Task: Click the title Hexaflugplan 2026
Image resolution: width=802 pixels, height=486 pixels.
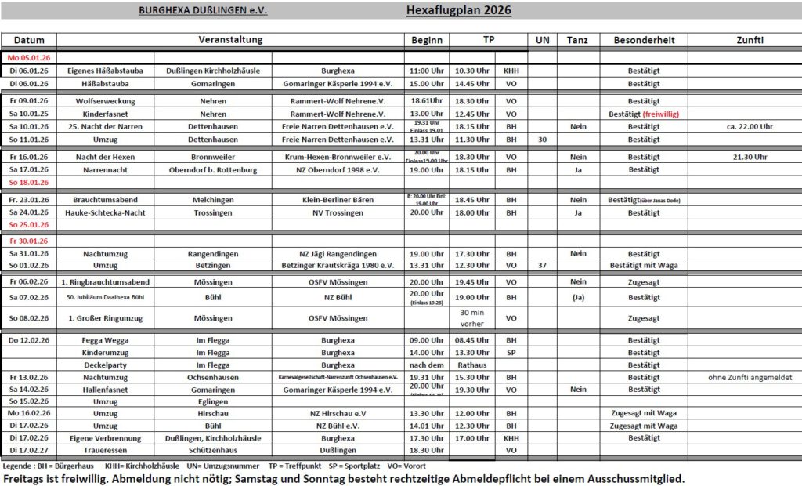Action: (459, 10)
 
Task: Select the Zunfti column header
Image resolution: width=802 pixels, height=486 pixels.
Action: (750, 40)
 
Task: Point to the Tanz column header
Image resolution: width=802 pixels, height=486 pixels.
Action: (578, 40)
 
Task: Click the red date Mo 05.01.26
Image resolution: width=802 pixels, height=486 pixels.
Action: (29, 58)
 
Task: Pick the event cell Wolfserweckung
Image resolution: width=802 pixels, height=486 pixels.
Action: (106, 101)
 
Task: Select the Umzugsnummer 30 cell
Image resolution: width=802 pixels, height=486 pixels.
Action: (542, 140)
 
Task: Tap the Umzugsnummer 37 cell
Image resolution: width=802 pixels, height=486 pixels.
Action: (542, 267)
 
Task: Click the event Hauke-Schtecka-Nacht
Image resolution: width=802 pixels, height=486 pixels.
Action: (106, 212)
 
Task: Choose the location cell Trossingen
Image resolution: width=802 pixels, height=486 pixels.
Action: (213, 212)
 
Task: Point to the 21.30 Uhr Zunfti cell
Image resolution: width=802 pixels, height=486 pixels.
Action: (750, 157)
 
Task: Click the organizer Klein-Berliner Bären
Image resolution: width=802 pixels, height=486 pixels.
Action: (338, 200)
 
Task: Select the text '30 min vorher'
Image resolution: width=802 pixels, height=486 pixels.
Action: (472, 317)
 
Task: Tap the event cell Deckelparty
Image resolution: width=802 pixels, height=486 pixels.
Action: (106, 364)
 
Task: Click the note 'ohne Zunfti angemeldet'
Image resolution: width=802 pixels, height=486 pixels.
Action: (750, 377)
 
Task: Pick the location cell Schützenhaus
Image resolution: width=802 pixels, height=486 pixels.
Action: (213, 451)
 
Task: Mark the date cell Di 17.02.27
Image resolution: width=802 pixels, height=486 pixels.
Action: (29, 451)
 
